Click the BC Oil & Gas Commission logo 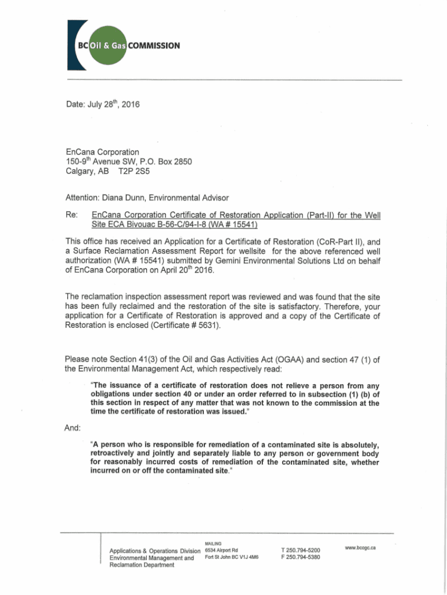[x=122, y=46]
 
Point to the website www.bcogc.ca [x=361, y=547]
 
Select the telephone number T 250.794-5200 [x=300, y=550]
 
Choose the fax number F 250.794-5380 [x=300, y=557]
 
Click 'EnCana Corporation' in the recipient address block [x=102, y=152]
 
